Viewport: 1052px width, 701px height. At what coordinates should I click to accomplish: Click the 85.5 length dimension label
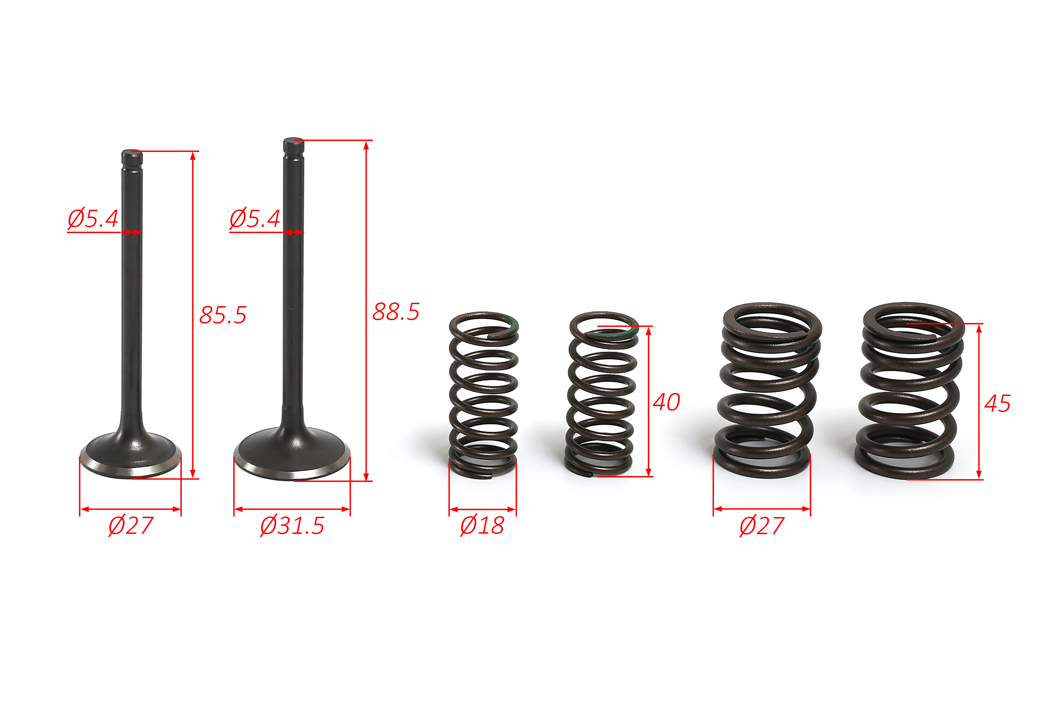(x=223, y=315)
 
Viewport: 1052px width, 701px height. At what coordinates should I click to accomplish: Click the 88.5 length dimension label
(x=396, y=312)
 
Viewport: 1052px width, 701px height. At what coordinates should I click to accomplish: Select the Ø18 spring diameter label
(x=482, y=525)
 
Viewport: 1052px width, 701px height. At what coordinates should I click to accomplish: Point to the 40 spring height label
(x=666, y=402)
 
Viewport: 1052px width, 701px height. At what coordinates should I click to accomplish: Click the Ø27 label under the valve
(x=131, y=525)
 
